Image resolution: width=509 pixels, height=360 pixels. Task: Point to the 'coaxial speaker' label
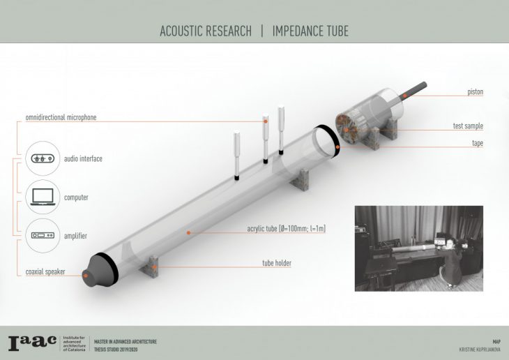click(40, 272)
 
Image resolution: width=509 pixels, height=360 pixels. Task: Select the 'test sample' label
click(468, 126)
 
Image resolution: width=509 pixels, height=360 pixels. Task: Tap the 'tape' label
click(477, 143)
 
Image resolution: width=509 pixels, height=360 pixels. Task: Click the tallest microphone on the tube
click(281, 129)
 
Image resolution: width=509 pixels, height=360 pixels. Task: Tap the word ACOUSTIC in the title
click(184, 31)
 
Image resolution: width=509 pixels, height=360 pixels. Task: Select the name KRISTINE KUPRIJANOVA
click(476, 347)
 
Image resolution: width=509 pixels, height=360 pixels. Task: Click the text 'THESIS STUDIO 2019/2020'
click(117, 347)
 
